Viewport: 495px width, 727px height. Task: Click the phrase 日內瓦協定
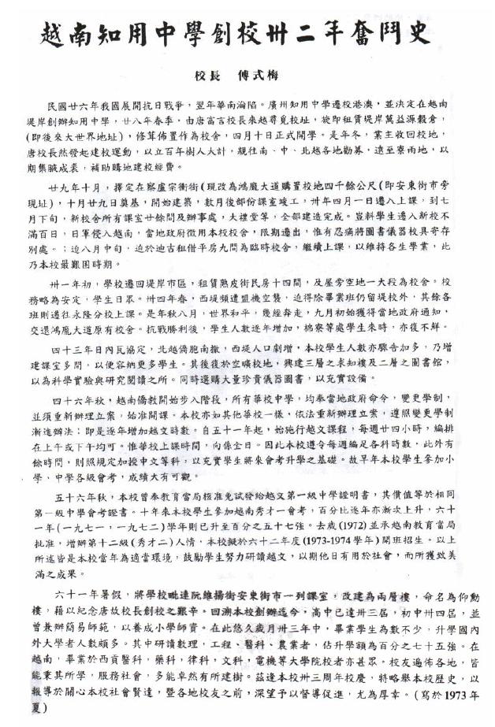(126, 347)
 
